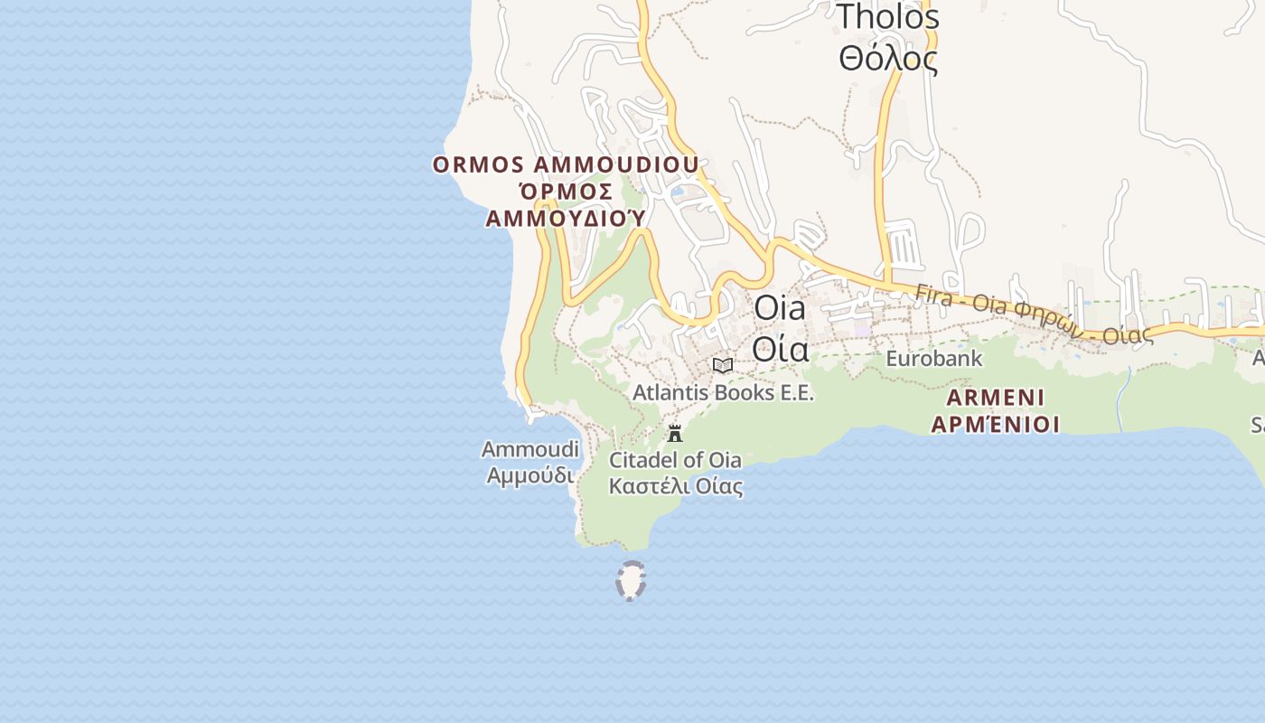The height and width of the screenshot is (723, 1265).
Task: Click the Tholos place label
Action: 887,16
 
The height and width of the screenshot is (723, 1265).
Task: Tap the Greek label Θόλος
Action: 887,59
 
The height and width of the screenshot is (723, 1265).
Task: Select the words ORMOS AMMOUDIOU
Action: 566,165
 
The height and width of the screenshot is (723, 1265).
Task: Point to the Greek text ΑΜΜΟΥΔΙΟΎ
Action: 566,219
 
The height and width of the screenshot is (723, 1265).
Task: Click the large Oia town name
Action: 780,308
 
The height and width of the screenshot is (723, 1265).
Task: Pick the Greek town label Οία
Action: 780,348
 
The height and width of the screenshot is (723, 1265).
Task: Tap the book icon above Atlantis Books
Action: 722,366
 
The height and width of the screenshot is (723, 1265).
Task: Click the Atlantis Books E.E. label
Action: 723,393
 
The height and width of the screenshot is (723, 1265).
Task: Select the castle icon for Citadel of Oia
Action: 675,434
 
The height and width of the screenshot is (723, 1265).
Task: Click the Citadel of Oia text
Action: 675,460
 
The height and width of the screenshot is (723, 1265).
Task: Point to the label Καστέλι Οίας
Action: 675,486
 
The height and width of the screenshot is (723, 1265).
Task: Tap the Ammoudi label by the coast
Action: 529,449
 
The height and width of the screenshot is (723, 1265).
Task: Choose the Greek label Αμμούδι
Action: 529,475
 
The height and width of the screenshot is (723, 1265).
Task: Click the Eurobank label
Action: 933,359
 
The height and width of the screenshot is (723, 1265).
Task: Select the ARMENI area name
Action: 996,398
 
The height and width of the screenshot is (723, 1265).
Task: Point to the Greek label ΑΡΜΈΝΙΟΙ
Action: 996,424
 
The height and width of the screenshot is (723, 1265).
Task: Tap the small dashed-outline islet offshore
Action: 631,580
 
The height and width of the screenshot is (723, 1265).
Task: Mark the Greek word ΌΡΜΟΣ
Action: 566,192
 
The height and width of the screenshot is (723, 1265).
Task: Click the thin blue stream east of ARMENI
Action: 1121,399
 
